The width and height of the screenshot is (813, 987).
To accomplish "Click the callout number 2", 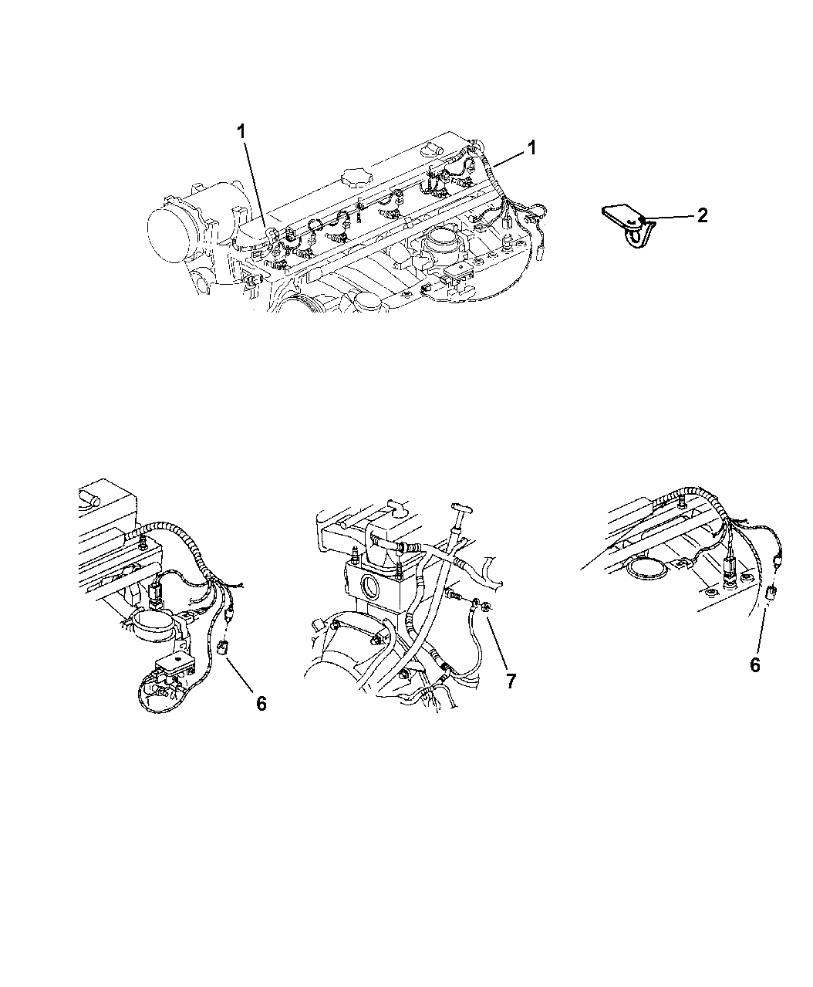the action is (x=703, y=215).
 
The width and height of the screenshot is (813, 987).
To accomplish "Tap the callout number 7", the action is (x=511, y=681).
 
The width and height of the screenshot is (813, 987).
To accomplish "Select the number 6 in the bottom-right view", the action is (x=755, y=665).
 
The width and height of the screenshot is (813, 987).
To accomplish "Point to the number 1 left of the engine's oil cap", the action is (x=242, y=131).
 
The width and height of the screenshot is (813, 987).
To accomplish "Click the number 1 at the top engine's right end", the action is (x=532, y=148).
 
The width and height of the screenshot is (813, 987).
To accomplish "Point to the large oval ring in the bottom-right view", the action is (x=646, y=570).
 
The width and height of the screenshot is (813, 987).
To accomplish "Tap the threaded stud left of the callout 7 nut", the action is (x=454, y=595).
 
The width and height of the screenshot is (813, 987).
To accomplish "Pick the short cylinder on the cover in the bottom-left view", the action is (x=89, y=498).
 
